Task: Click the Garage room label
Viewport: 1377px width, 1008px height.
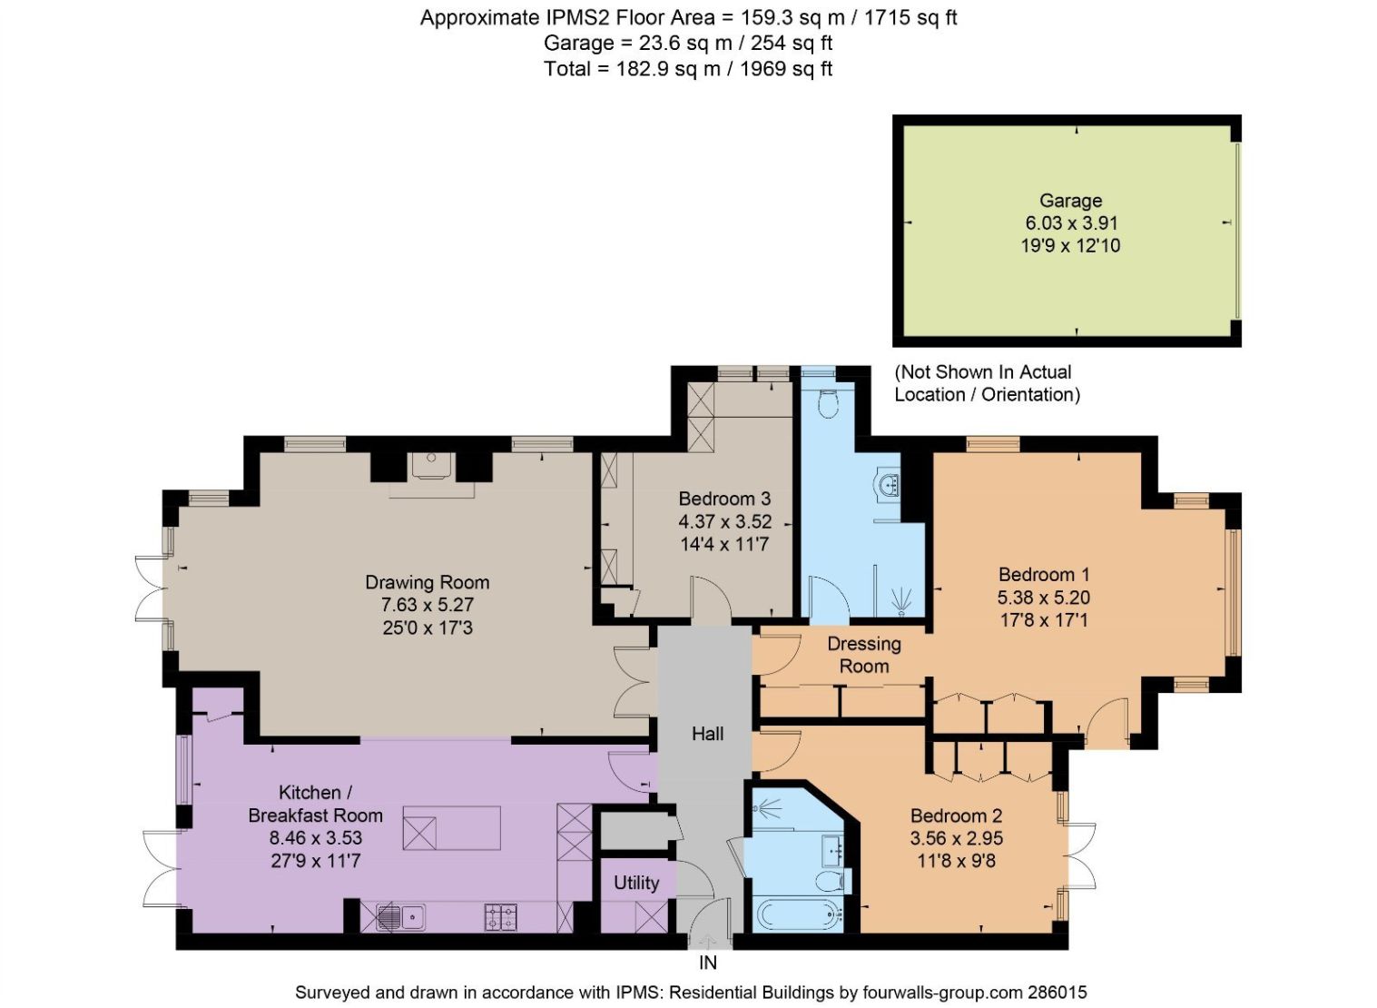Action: pos(1070,201)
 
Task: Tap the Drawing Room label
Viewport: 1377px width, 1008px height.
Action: pos(428,582)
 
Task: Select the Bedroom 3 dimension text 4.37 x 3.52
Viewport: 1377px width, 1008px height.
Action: pos(724,521)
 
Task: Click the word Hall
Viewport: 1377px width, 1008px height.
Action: pos(707,733)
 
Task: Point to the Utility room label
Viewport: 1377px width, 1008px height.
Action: pos(636,883)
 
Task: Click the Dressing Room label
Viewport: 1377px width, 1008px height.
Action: pos(864,655)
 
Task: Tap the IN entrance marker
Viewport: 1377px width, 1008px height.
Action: pos(707,963)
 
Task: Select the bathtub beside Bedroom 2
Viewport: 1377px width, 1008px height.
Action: pos(797,914)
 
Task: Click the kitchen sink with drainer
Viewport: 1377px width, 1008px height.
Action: pos(399,916)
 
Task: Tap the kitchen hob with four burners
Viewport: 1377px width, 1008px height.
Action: pos(500,916)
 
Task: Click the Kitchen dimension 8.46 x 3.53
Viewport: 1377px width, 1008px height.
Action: pos(315,837)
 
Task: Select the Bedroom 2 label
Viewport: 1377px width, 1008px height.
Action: pos(957,815)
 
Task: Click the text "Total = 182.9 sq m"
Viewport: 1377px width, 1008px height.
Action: pos(632,68)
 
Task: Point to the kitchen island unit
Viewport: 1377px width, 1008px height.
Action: pos(451,828)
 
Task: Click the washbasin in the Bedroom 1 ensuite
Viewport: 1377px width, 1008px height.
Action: pos(889,485)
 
